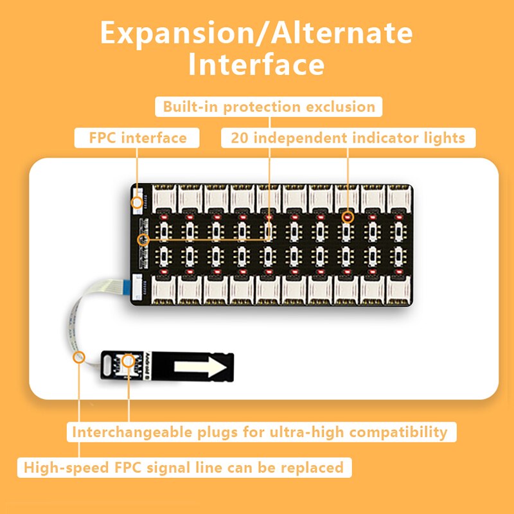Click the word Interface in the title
pyautogui.click(x=256, y=66)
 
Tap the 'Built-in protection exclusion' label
pyautogui.click(x=269, y=106)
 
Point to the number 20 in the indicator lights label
pyautogui.click(x=240, y=137)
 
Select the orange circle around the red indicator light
pyautogui.click(x=348, y=217)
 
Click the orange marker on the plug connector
pyautogui.click(x=129, y=361)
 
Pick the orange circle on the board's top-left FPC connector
pyautogui.click(x=137, y=202)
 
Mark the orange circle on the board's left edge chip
pyautogui.click(x=143, y=240)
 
